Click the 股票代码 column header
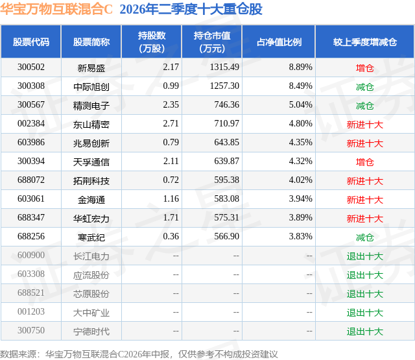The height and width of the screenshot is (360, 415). (x=31, y=42)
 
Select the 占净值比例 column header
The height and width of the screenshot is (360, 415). (x=279, y=42)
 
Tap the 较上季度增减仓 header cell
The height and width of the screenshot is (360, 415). (x=365, y=42)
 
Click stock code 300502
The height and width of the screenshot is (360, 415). (x=31, y=67)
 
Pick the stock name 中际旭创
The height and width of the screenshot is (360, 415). (x=91, y=87)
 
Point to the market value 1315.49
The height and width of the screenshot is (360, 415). (x=224, y=67)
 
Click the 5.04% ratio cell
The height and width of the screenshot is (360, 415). (x=300, y=105)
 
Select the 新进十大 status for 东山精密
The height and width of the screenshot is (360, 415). (x=365, y=125)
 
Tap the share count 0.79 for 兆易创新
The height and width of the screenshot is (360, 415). (x=171, y=143)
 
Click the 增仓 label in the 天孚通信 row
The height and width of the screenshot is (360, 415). (x=365, y=162)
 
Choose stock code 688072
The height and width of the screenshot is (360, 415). (x=31, y=180)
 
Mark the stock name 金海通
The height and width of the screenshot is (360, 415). (x=91, y=200)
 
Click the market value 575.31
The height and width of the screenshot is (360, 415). (x=226, y=217)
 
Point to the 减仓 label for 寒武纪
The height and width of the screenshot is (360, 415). (x=365, y=237)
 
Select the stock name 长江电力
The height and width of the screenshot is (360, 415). (x=91, y=256)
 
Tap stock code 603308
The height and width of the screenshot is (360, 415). (x=31, y=274)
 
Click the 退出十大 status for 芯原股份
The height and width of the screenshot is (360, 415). (x=365, y=294)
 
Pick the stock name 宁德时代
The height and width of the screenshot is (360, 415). (x=91, y=331)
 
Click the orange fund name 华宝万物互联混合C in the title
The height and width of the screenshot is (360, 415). (x=56, y=10)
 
